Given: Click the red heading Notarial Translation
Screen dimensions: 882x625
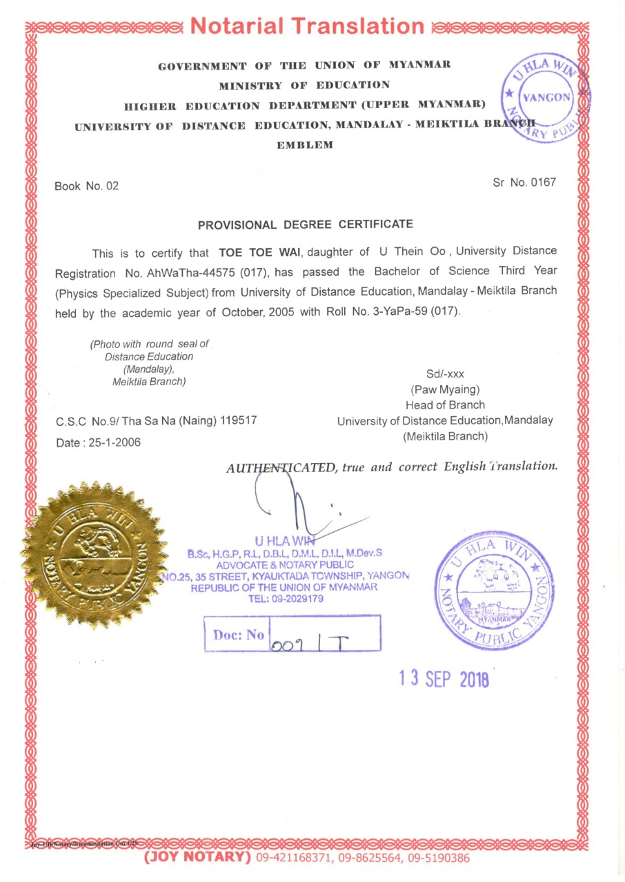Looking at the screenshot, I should point(307,26).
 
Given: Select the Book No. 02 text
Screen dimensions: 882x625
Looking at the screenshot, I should point(87,186).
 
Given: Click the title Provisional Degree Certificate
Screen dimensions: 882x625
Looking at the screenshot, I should point(306,225).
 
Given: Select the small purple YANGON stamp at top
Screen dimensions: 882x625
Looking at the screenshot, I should point(546,96).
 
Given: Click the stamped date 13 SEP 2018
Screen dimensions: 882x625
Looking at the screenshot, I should point(444,679).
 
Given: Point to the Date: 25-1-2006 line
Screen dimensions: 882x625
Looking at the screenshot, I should point(98,442).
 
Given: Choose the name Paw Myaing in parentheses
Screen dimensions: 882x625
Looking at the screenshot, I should point(445,389).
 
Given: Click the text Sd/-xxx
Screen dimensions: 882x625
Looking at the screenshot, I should point(445,374).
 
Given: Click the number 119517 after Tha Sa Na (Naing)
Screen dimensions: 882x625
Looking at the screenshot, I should point(239,420).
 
